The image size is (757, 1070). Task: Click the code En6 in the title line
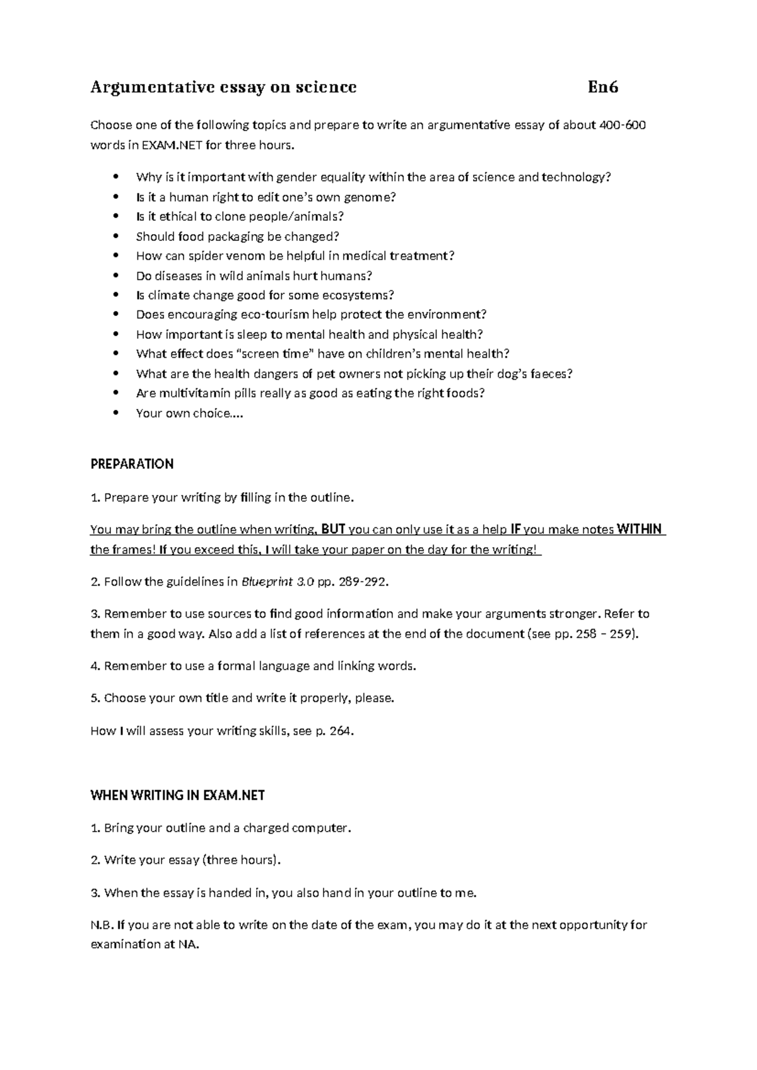pos(602,87)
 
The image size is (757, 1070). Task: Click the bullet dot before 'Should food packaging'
pos(114,237)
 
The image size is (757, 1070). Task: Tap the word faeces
pos(549,373)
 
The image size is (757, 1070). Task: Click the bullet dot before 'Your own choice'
pos(114,413)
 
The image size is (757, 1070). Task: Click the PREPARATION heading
pos(132,464)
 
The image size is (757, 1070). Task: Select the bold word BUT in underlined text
pos(333,529)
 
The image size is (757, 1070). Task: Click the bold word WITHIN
pos(638,529)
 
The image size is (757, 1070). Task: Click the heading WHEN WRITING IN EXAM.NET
pos(178,796)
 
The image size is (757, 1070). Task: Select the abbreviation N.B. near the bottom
pos(102,925)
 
